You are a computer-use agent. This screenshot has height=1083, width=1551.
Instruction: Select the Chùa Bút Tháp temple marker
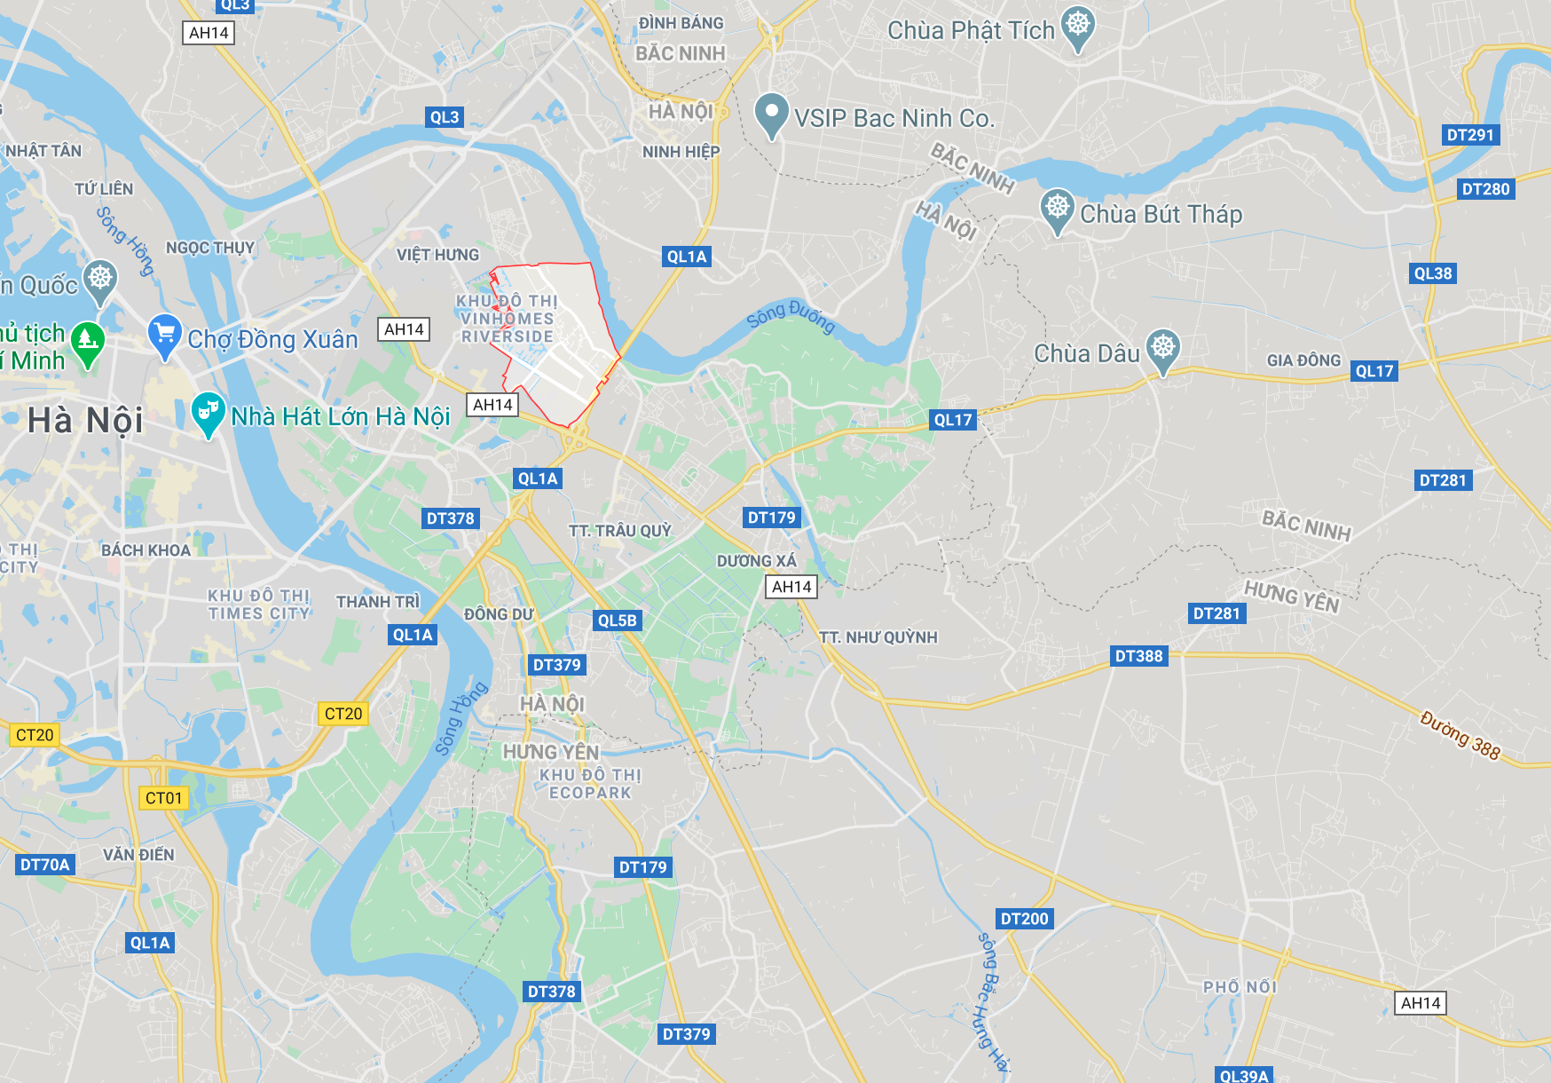(1057, 209)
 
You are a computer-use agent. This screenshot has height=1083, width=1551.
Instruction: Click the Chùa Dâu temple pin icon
(1162, 349)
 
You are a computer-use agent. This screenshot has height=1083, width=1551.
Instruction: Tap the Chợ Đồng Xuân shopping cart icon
(164, 336)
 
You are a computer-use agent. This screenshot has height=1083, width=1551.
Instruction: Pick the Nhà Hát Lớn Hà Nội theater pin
(208, 413)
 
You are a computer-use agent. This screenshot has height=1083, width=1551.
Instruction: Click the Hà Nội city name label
(85, 420)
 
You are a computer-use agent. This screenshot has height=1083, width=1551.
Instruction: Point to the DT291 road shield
(1470, 135)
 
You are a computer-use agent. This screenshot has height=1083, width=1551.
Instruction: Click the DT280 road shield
(1485, 189)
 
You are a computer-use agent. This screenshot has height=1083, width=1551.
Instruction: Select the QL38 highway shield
(1433, 273)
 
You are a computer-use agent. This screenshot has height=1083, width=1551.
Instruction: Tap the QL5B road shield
(617, 621)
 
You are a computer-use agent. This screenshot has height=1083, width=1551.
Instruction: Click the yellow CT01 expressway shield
(163, 798)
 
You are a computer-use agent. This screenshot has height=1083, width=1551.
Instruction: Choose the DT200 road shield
(1024, 919)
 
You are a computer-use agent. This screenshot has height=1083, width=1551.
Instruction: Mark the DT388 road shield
(1138, 656)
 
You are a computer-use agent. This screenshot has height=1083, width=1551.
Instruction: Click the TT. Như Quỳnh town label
(878, 637)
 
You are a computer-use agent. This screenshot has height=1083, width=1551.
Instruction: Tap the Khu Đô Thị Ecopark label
(590, 784)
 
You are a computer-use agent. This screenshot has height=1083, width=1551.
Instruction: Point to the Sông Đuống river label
(791, 316)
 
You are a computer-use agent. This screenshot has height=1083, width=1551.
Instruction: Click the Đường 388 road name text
(1460, 736)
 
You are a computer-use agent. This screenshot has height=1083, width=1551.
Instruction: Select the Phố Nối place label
(1240, 987)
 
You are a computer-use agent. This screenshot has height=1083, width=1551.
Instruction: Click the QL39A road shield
(1244, 1075)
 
